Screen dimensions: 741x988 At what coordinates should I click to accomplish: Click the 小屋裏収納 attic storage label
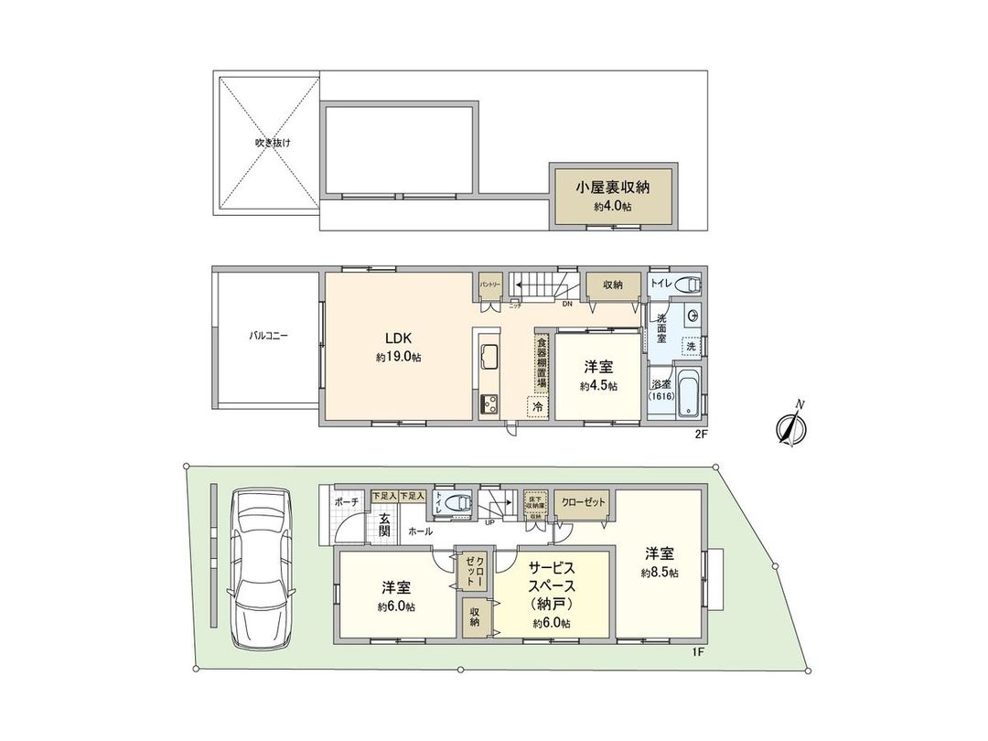613,188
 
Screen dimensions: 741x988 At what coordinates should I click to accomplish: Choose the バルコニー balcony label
269,336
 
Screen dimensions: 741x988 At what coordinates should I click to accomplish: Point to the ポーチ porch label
347,502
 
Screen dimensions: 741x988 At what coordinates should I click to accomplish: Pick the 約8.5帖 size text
660,573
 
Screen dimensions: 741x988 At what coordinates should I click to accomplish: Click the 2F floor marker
701,435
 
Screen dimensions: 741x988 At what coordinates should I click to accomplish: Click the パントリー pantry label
489,285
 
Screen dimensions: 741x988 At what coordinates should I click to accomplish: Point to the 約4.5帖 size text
598,387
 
